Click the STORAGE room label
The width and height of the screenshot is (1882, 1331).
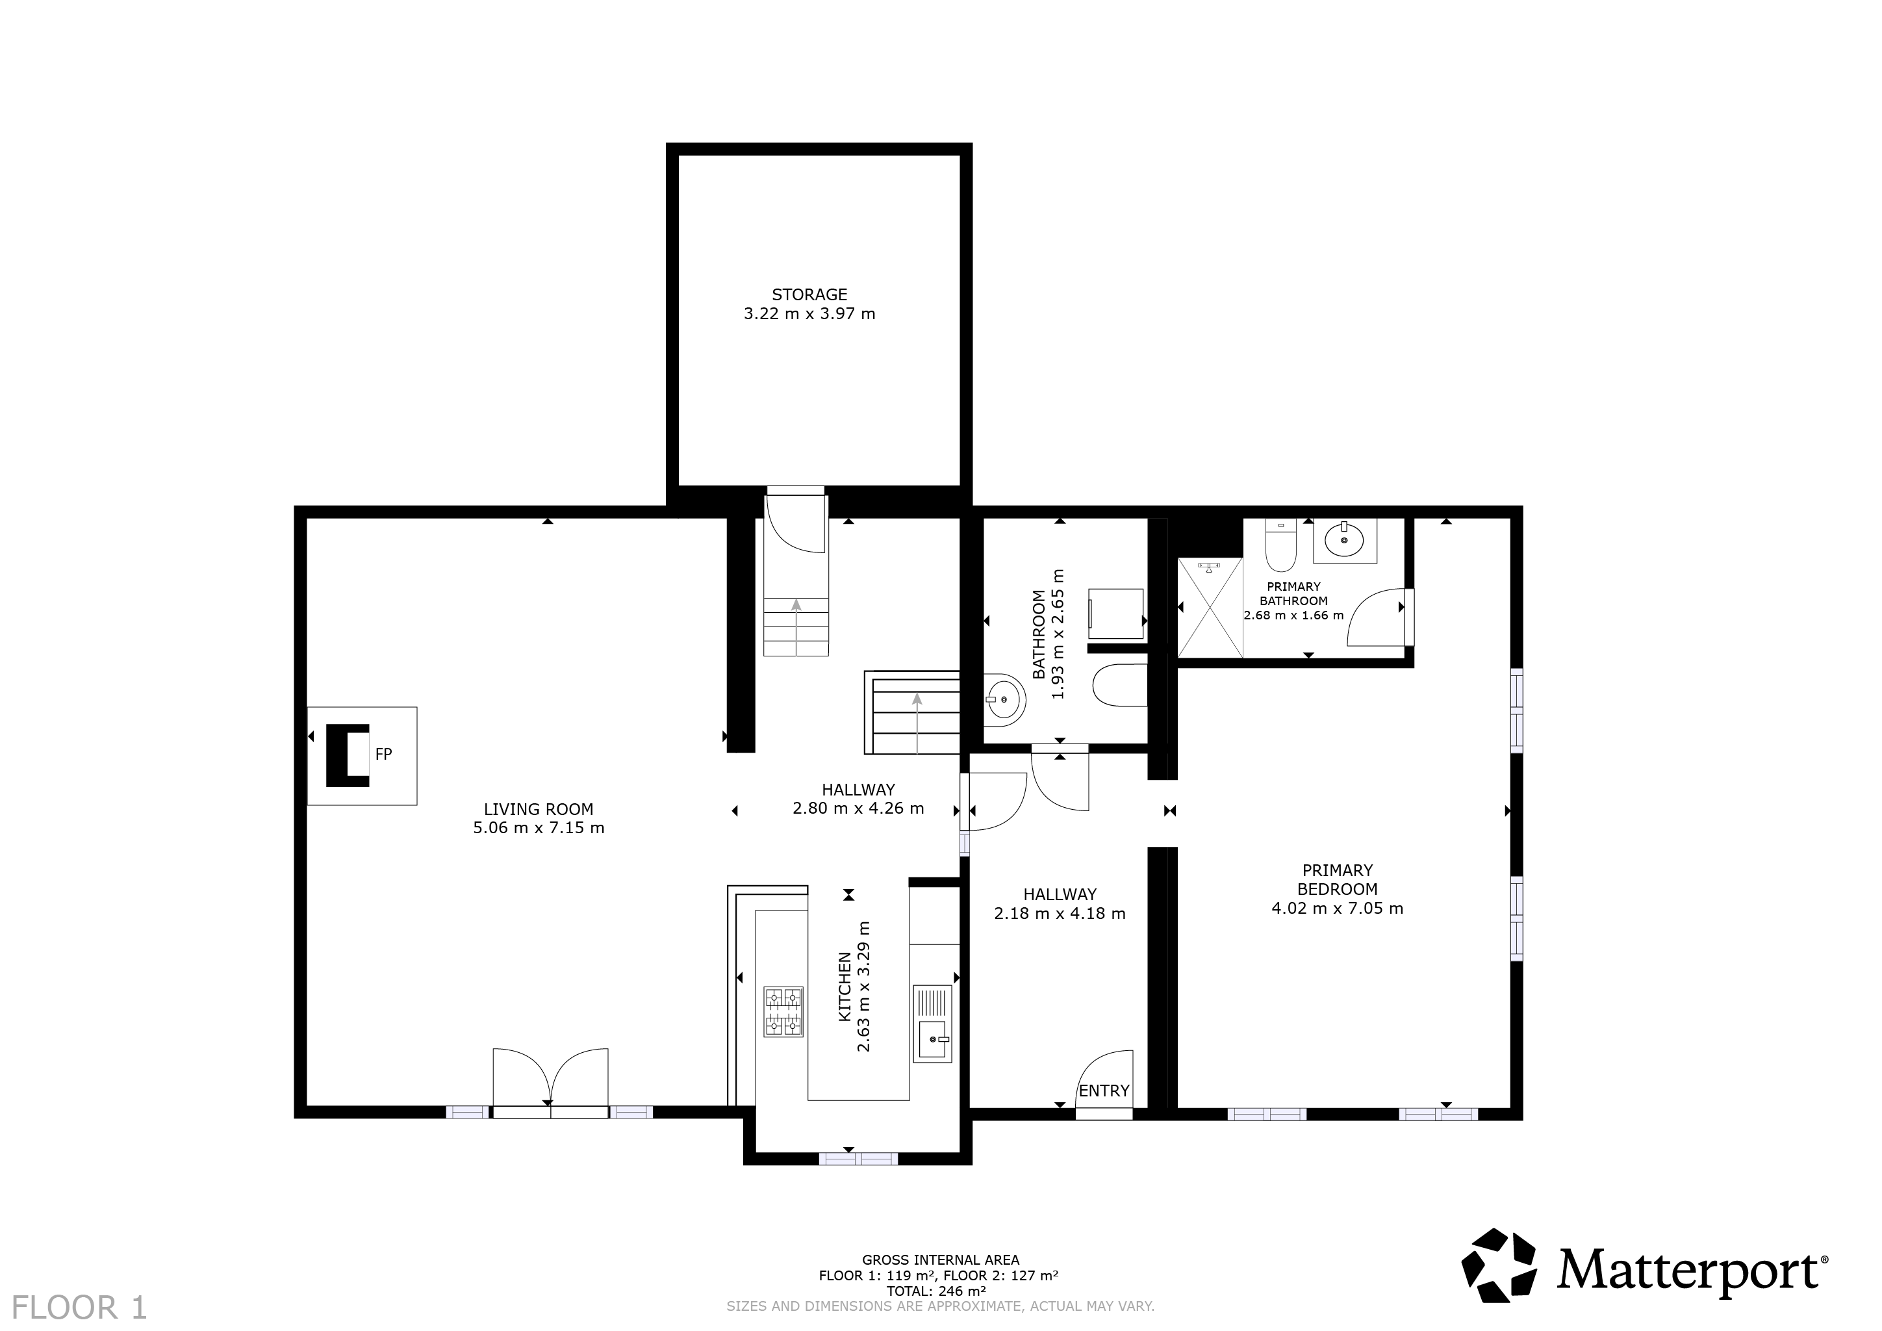(809, 294)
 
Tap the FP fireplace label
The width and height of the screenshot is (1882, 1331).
(384, 754)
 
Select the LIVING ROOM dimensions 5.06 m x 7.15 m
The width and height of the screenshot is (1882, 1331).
(539, 828)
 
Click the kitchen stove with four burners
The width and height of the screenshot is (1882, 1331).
(783, 1012)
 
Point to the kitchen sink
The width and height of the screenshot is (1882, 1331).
(933, 1024)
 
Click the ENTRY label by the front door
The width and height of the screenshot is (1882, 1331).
(1104, 1091)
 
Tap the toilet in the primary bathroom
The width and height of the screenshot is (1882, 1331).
(1280, 545)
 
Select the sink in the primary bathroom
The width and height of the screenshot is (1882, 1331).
(1344, 541)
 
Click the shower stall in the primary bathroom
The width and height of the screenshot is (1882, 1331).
(1210, 608)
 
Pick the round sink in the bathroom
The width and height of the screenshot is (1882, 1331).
(1005, 701)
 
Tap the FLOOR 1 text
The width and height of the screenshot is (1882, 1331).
(79, 1307)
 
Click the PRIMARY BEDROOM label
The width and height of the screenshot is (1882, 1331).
(1337, 879)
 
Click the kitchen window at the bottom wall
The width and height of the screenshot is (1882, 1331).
(858, 1159)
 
